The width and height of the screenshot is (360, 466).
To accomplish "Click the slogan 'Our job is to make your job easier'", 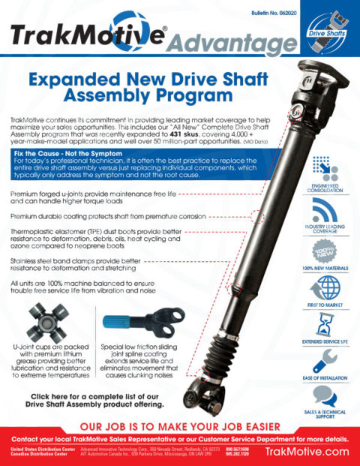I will point(179,425).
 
